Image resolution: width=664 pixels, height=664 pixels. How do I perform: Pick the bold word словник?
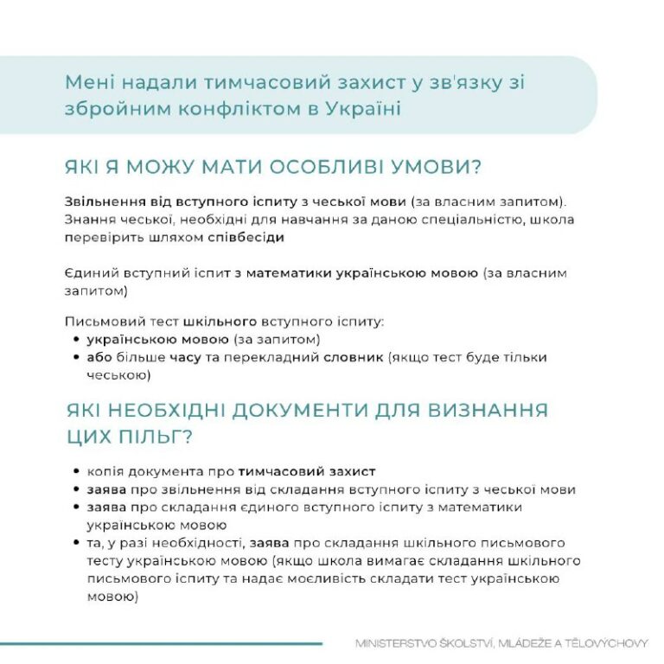pyautogui.click(x=354, y=357)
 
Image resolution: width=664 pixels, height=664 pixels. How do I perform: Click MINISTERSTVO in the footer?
pyautogui.click(x=400, y=643)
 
